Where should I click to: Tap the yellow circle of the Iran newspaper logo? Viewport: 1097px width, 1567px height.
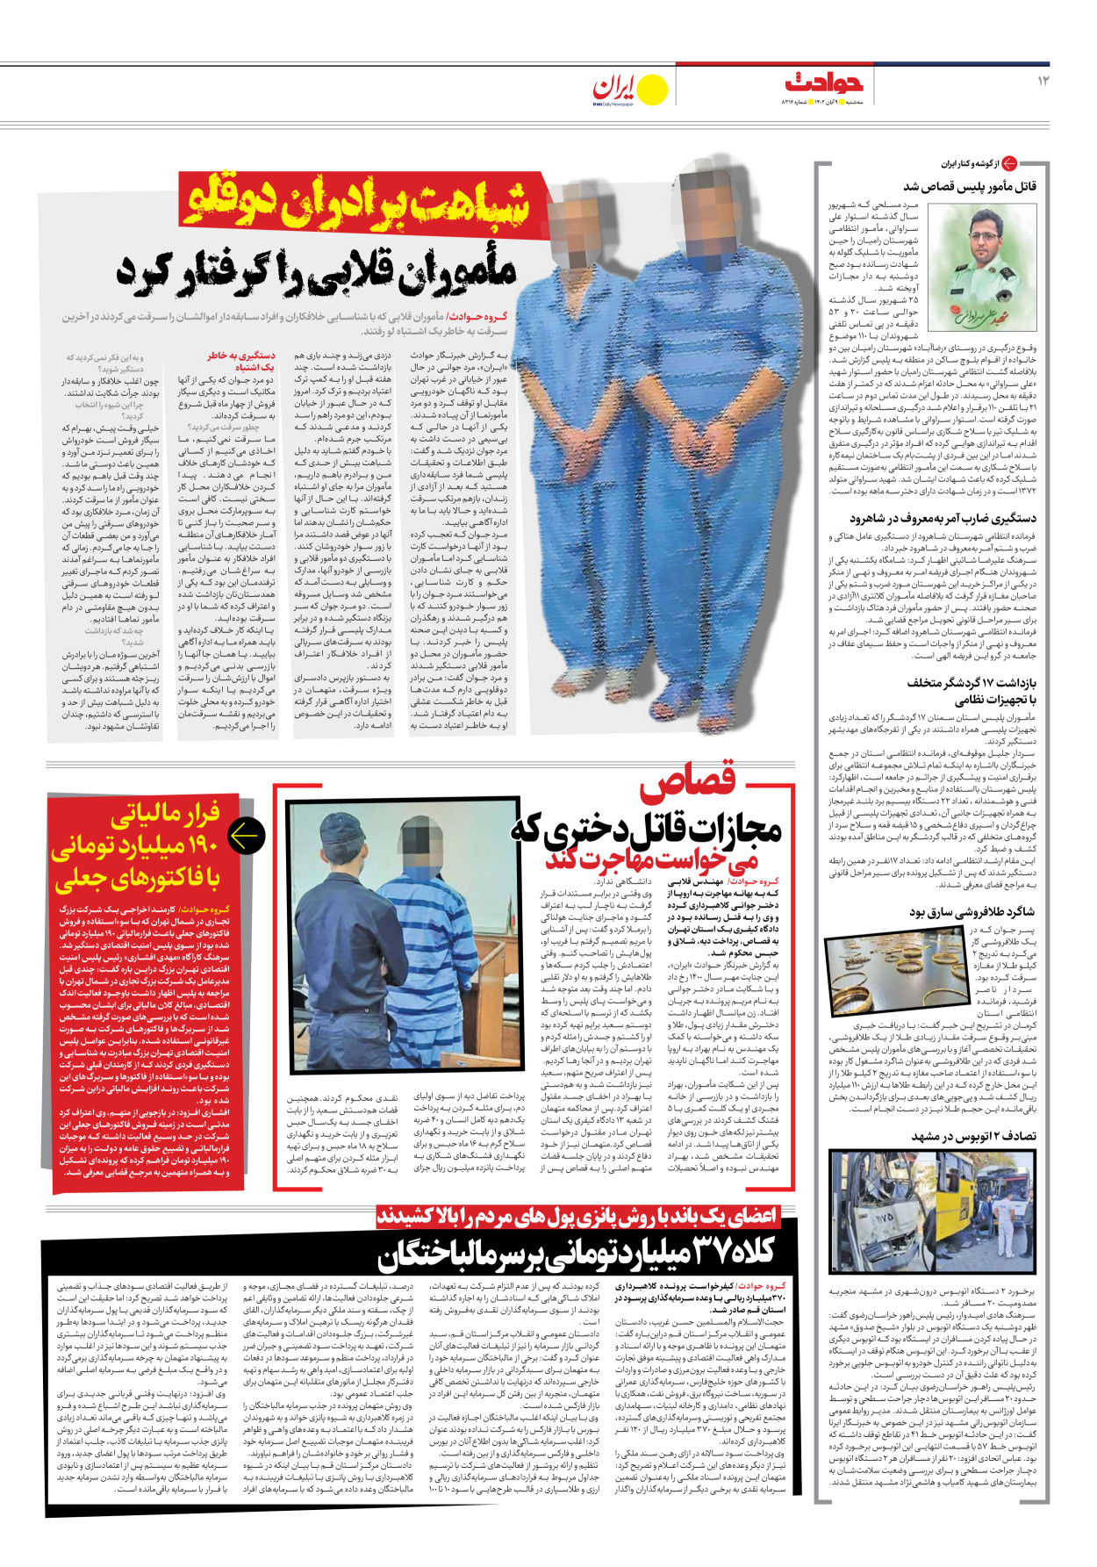(651, 90)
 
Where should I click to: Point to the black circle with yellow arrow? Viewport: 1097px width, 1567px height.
(246, 836)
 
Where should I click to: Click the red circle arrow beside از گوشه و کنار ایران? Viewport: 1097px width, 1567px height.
(1010, 163)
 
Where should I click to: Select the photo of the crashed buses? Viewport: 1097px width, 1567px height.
(933, 1211)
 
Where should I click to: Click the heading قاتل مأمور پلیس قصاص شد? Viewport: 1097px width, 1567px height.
(970, 186)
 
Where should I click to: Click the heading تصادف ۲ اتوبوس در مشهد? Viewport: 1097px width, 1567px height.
(973, 1136)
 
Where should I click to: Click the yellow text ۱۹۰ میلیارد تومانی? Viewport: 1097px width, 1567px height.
(134, 847)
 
